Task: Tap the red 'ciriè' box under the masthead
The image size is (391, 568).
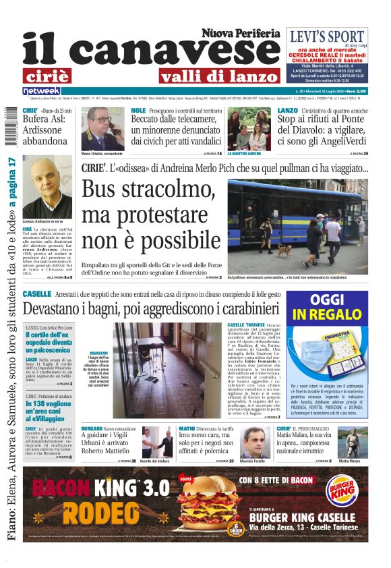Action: [x=47, y=76]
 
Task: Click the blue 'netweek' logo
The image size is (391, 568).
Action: [x=42, y=90]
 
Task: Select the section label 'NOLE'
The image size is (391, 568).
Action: [x=138, y=110]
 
